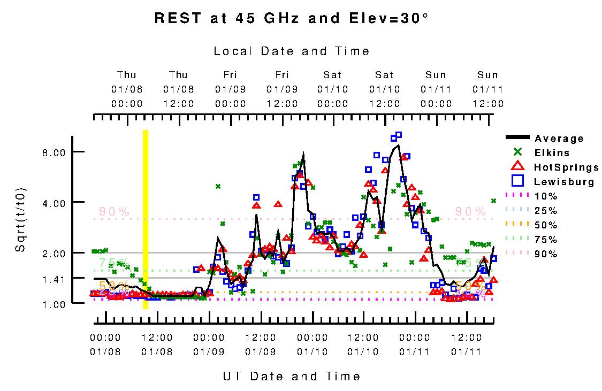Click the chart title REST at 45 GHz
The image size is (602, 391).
(292, 18)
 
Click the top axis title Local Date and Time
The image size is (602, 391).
(292, 51)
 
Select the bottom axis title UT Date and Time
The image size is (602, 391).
(292, 377)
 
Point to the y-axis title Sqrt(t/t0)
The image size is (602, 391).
(20, 220)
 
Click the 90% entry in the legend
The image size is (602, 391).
(546, 254)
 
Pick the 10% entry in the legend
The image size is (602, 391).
(546, 196)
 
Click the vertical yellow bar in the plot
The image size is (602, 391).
(145, 219)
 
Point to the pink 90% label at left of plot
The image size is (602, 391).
(114, 212)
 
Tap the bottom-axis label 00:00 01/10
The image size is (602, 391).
(313, 344)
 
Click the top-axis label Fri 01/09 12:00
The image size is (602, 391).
(282, 89)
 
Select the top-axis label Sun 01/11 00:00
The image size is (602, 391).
(436, 89)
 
